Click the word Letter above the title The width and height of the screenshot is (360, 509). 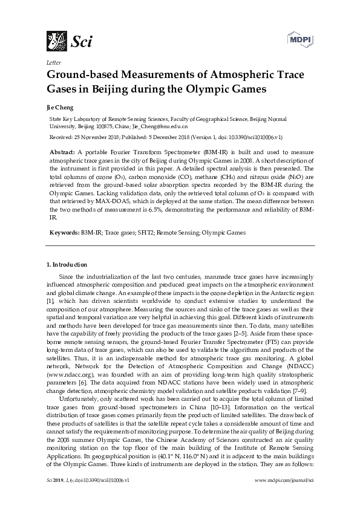coord(53,62)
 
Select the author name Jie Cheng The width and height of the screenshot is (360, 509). coord(59,108)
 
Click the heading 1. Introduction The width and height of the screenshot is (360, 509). coord(67,265)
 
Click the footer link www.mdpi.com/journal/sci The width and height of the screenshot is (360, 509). coord(285,496)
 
